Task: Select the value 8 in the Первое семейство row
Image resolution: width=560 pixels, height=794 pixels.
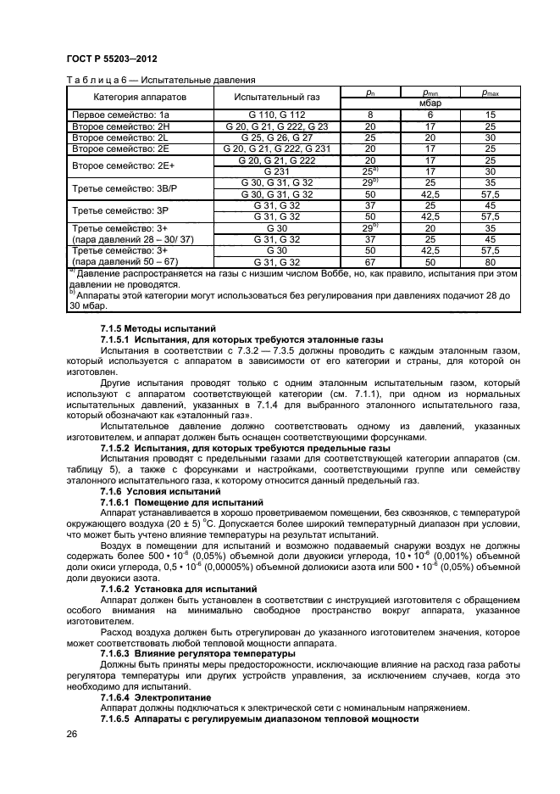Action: [370, 114]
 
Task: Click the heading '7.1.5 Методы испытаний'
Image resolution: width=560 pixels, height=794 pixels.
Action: [158, 328]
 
